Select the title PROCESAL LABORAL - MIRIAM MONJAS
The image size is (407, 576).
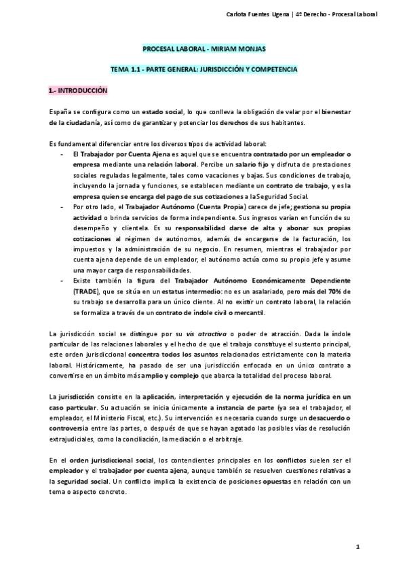click(203, 50)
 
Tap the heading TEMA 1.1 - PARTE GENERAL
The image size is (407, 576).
click(203, 69)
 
